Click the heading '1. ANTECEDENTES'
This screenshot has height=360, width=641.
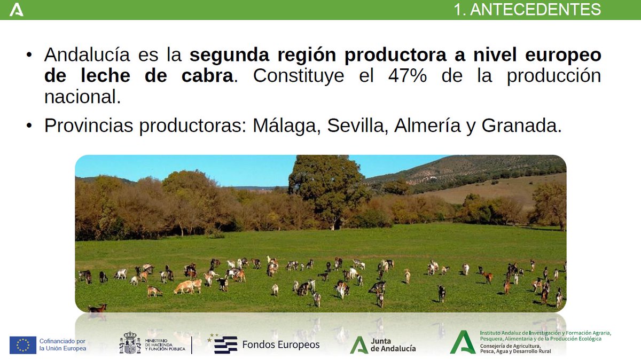527,10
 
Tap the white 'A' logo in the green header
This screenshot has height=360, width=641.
17,10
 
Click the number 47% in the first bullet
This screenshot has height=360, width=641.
407,76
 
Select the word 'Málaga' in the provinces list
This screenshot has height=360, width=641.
286,126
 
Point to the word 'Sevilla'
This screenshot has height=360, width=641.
358,126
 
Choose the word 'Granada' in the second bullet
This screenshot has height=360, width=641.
521,126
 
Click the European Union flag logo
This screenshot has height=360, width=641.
22,345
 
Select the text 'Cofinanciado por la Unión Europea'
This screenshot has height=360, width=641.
62,345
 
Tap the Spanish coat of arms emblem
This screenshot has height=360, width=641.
129,343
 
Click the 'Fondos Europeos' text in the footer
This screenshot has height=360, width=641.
280,345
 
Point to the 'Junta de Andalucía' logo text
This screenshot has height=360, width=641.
393,345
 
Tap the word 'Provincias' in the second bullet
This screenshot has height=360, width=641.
88,126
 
